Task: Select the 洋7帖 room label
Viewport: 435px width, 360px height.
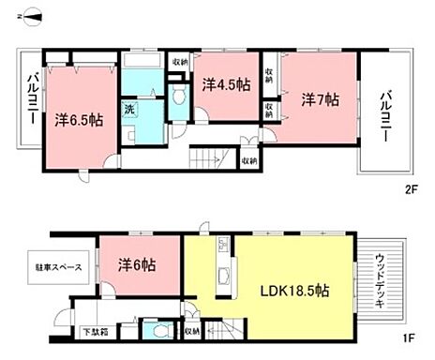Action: (318, 98)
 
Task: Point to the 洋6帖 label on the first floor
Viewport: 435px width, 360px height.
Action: (137, 266)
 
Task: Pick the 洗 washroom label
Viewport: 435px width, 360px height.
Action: (130, 109)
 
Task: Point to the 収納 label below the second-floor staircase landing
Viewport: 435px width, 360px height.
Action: (247, 161)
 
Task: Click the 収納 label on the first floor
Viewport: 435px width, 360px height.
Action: (191, 331)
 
